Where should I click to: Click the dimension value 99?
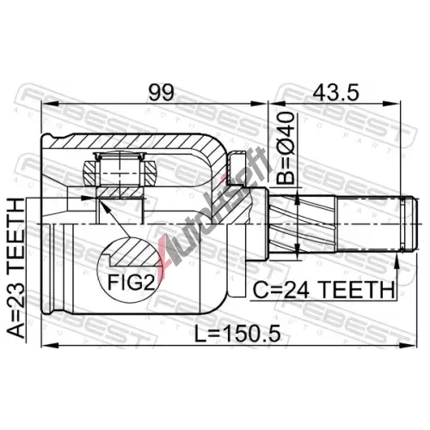(x=161, y=92)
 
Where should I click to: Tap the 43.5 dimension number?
(x=336, y=92)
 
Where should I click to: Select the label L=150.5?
(x=237, y=334)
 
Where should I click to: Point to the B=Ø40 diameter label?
(x=286, y=148)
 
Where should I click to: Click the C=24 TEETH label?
(x=323, y=290)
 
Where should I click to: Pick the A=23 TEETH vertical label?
(x=15, y=267)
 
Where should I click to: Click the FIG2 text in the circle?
(x=131, y=283)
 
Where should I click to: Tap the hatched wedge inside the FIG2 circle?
(x=136, y=252)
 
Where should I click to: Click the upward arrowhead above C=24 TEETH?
(x=397, y=261)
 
